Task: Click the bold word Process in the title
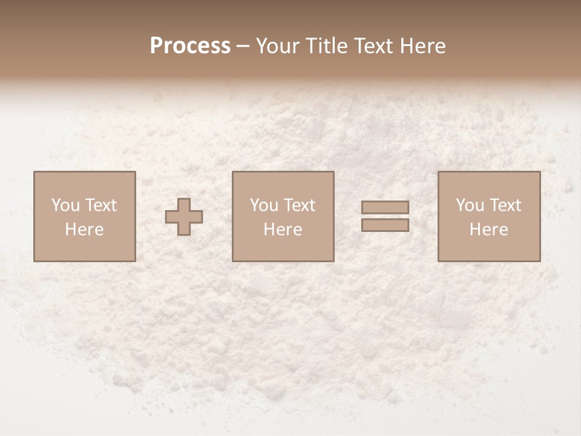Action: click(190, 46)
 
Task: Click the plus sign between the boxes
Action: click(184, 217)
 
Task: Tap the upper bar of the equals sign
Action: click(385, 207)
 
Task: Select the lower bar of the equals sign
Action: click(385, 225)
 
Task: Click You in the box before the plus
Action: click(64, 205)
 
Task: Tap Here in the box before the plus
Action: click(84, 230)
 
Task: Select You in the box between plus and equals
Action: click(263, 205)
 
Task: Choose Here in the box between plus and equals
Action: click(283, 230)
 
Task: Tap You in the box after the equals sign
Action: click(469, 205)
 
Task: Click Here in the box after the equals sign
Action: click(489, 230)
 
